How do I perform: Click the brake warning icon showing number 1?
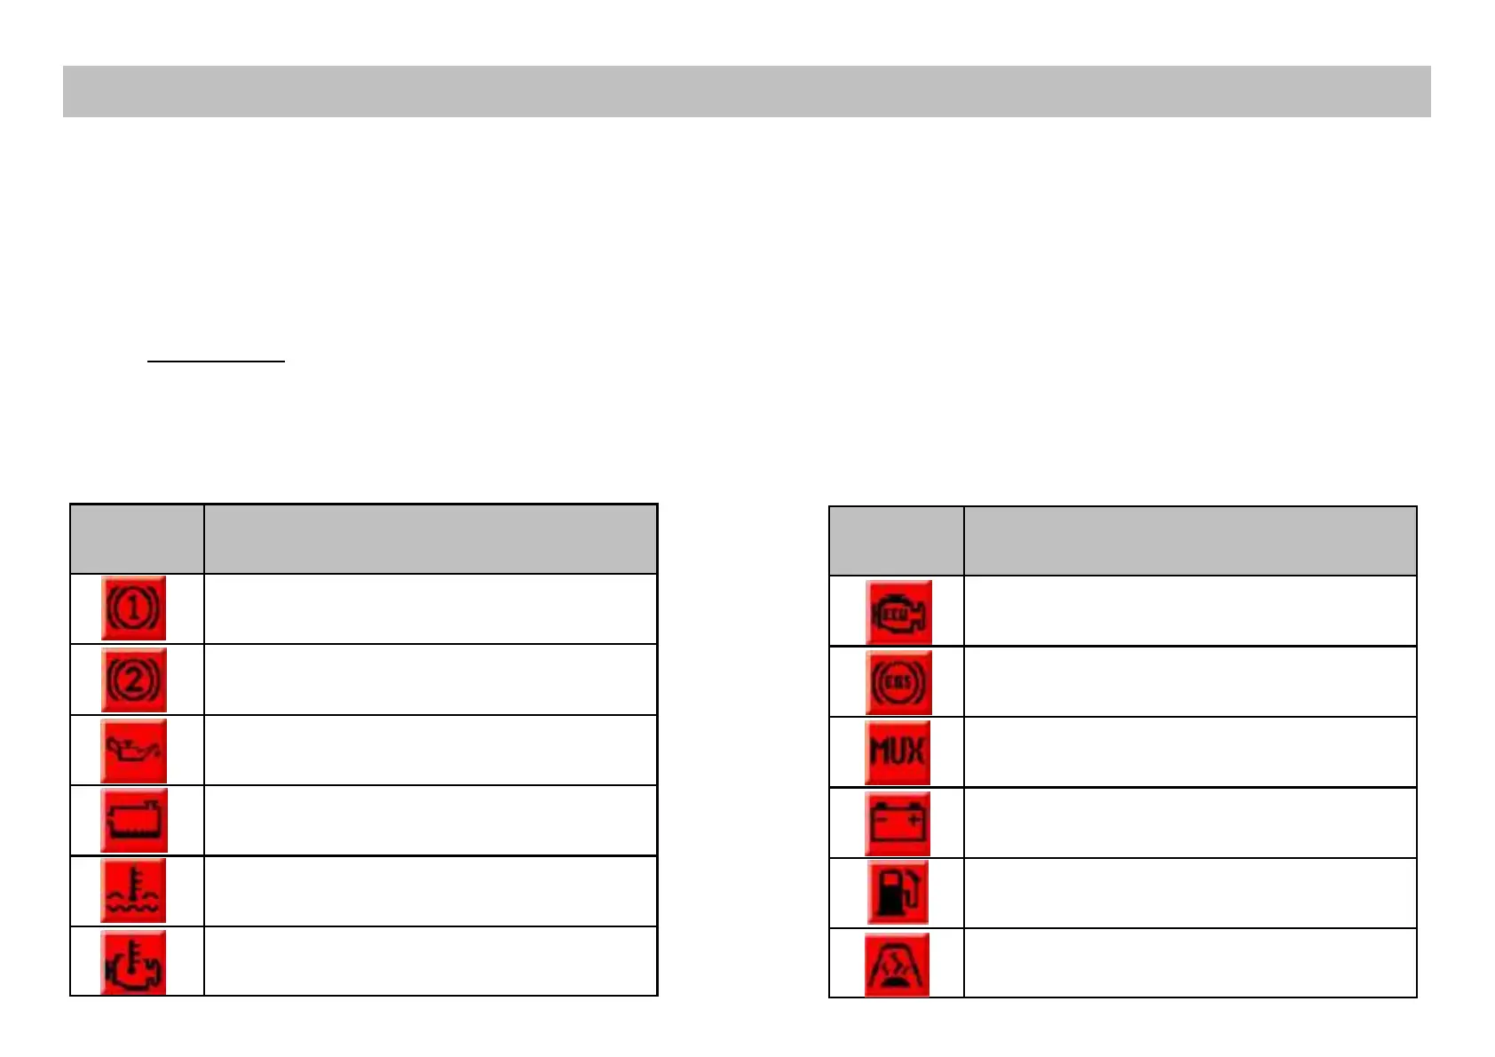(x=133, y=608)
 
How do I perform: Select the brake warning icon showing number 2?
(x=133, y=679)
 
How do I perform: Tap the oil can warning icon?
(x=133, y=751)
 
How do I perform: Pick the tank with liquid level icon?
(x=133, y=820)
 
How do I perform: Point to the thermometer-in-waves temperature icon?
(x=133, y=891)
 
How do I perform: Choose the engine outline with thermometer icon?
(x=133, y=962)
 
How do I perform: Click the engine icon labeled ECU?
(x=898, y=612)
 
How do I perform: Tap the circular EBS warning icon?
(x=898, y=682)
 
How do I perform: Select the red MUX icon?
(x=898, y=753)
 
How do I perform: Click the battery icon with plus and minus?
(x=898, y=823)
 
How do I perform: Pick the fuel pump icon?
(x=898, y=894)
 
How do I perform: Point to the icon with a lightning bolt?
(x=897, y=965)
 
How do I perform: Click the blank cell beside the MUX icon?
(x=1190, y=752)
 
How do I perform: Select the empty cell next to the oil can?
(x=431, y=750)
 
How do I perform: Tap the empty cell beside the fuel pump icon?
(x=1190, y=893)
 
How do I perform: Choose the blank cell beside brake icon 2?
(x=431, y=679)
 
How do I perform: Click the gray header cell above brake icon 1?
(x=137, y=539)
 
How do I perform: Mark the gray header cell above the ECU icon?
(x=896, y=541)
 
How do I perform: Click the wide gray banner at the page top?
(x=747, y=91)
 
